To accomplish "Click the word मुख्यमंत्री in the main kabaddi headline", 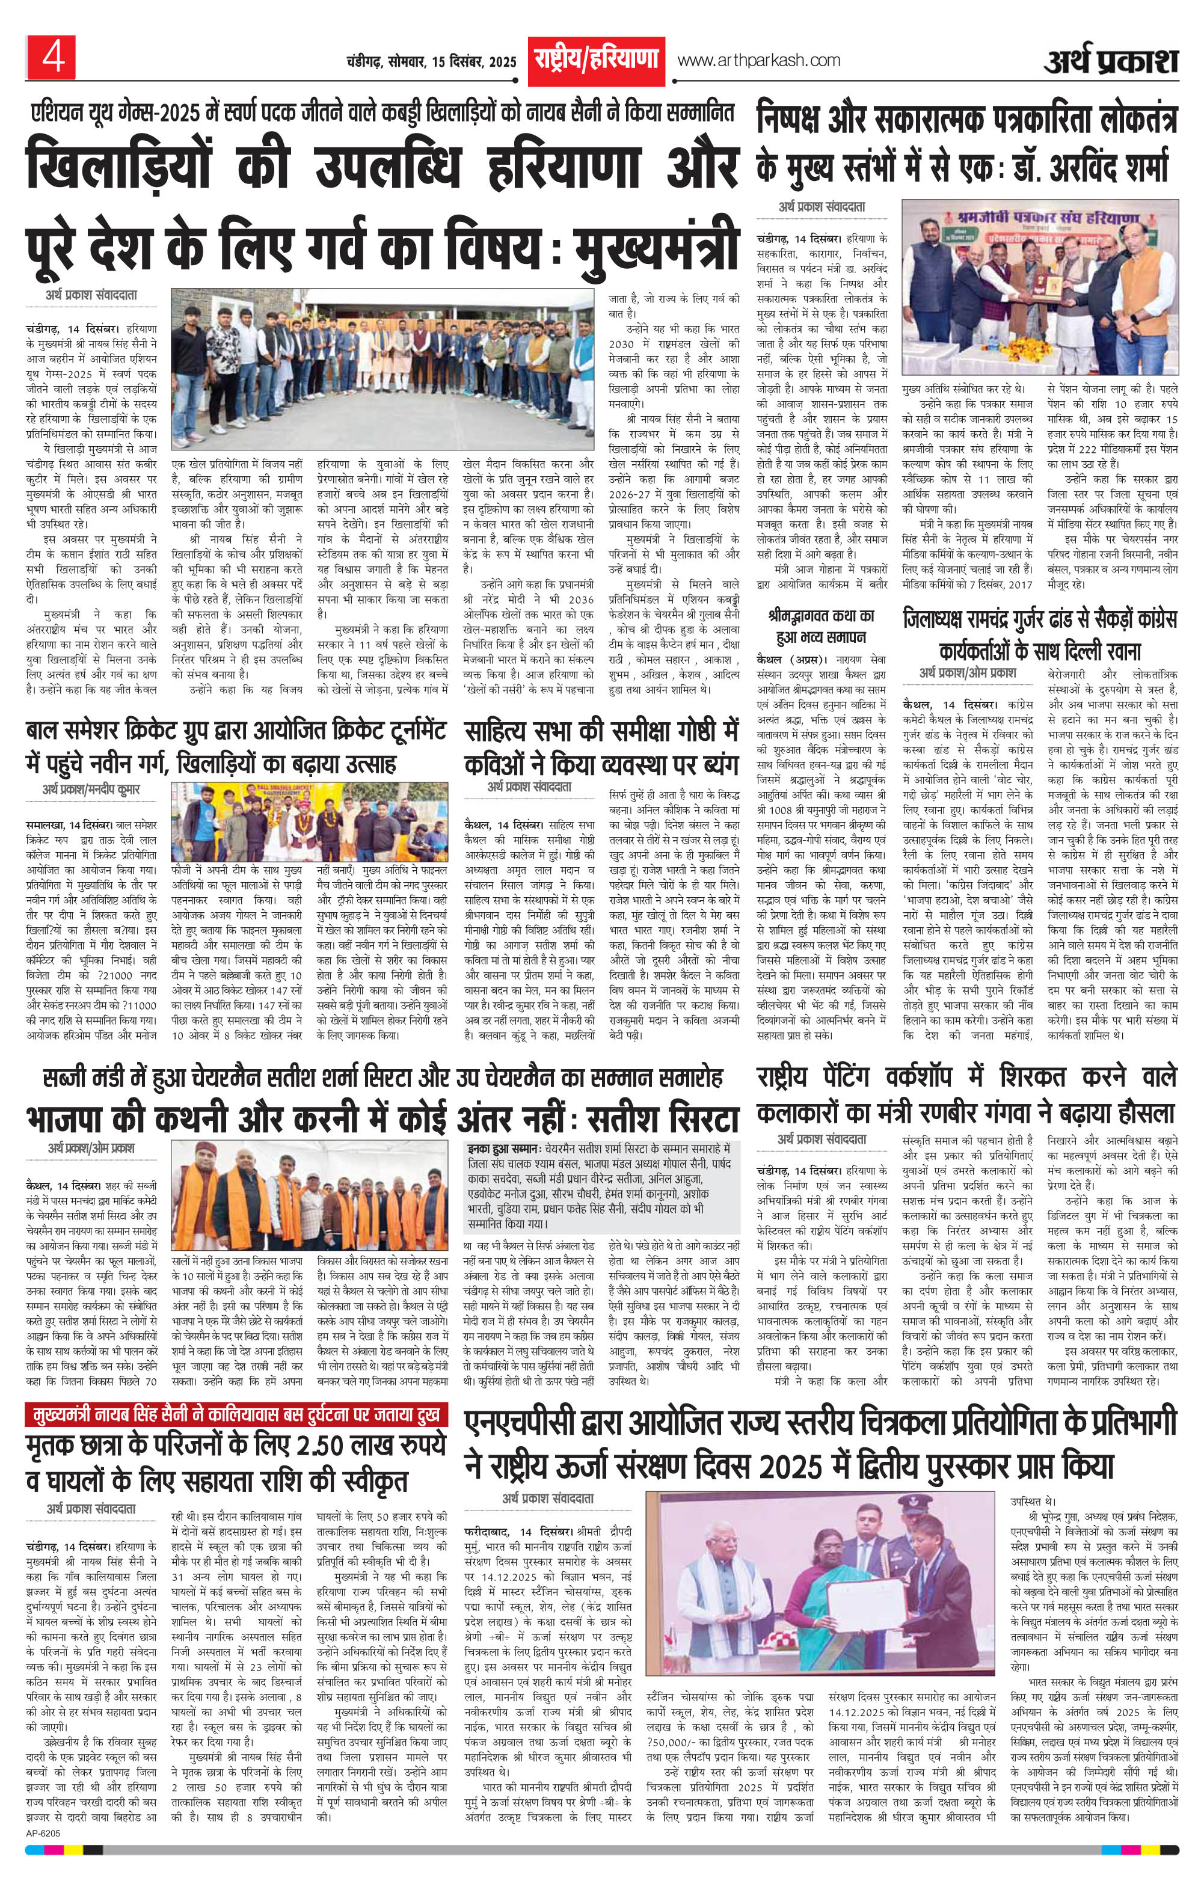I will [x=657, y=243].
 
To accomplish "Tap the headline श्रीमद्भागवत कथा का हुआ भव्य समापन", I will [x=821, y=625].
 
